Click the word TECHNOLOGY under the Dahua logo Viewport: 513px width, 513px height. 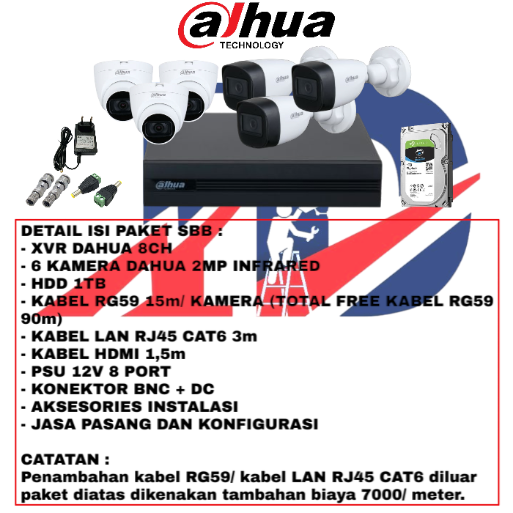[x=251, y=45]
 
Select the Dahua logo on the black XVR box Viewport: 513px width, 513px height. [x=170, y=185]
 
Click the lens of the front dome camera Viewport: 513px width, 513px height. [x=159, y=128]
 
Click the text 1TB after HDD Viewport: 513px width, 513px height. [x=89, y=284]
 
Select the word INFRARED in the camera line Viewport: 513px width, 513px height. [x=276, y=266]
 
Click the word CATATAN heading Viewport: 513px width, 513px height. [x=60, y=460]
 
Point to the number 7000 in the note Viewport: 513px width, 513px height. [x=383, y=495]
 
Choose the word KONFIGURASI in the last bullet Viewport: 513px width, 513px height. [x=259, y=424]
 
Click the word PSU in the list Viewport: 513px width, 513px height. [x=48, y=372]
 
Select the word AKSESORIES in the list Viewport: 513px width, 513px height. [x=86, y=407]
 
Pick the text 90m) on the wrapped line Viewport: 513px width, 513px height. [x=42, y=320]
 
